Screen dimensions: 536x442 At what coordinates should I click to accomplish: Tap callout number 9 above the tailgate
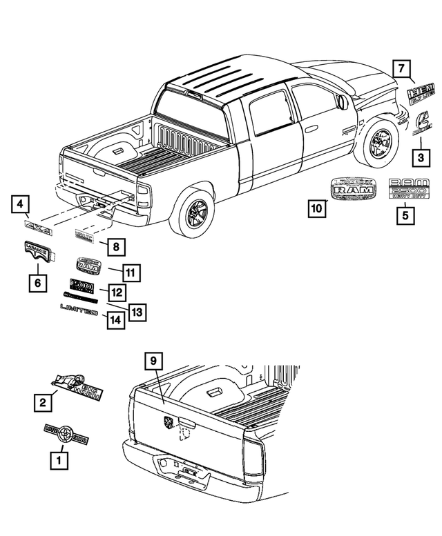click(155, 361)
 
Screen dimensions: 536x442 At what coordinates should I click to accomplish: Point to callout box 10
click(318, 208)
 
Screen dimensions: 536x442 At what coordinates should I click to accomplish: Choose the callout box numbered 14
click(116, 320)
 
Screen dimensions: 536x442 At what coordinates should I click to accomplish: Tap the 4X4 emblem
click(39, 227)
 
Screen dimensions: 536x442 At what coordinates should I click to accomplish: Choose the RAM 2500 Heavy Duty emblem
click(409, 190)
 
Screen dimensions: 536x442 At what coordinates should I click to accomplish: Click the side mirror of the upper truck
click(343, 103)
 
